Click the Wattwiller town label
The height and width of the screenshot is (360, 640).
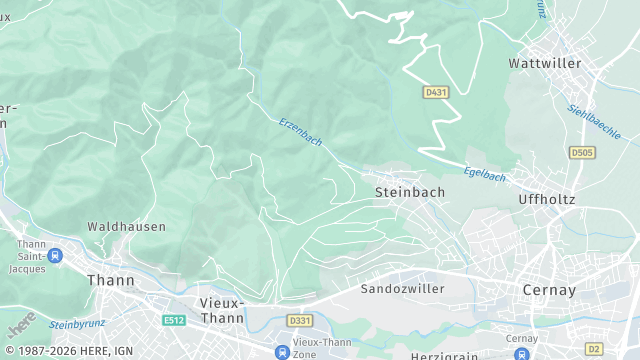pyautogui.click(x=544, y=63)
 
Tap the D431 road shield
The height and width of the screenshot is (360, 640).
pyautogui.click(x=434, y=92)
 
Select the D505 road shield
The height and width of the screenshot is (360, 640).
pyautogui.click(x=581, y=152)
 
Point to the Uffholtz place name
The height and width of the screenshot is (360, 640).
pyautogui.click(x=546, y=199)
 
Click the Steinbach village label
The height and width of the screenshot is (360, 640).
pyautogui.click(x=409, y=191)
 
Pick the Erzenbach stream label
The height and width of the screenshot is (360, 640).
pyautogui.click(x=301, y=132)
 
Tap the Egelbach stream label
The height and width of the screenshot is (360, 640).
pyautogui.click(x=486, y=174)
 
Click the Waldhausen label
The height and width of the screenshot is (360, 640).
pyautogui.click(x=126, y=227)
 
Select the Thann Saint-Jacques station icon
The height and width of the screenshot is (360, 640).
pyautogui.click(x=54, y=256)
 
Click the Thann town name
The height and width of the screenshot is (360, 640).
pyautogui.click(x=111, y=280)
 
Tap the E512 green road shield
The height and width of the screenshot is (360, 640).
pyautogui.click(x=174, y=320)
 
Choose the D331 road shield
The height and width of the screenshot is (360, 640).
pyautogui.click(x=298, y=320)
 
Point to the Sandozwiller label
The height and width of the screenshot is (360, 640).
pyautogui.click(x=401, y=288)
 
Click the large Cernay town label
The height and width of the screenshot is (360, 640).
pyautogui.click(x=549, y=289)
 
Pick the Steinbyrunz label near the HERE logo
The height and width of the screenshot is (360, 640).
pyautogui.click(x=77, y=324)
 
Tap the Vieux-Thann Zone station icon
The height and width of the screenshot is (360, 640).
pyautogui.click(x=283, y=351)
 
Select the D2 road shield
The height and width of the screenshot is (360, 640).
pyautogui.click(x=595, y=348)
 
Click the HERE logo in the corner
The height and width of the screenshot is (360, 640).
pyautogui.click(x=21, y=325)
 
